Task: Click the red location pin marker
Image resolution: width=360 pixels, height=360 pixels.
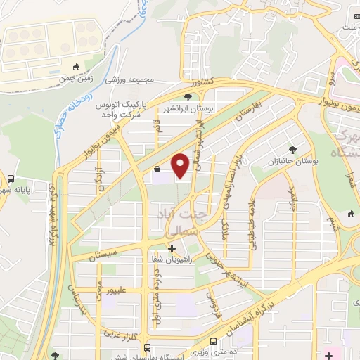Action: (x=181, y=166)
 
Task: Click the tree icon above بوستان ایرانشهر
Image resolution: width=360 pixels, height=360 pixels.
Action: (x=188, y=98)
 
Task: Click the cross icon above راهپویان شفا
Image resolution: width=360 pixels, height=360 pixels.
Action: (x=172, y=247)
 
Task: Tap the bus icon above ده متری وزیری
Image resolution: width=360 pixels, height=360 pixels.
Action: (x=148, y=347)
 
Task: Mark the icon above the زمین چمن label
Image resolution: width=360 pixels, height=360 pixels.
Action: (x=77, y=67)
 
